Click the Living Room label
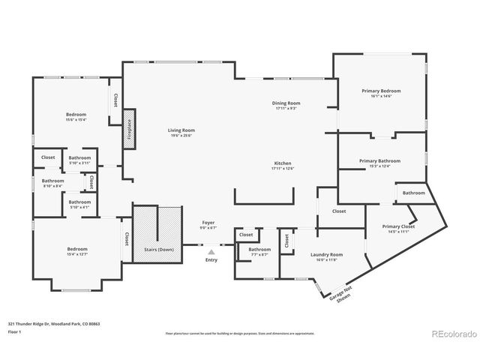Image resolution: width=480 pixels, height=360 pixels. click(x=181, y=133)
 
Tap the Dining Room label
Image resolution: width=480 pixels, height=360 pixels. click(x=286, y=106)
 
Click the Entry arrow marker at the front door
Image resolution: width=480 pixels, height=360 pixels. click(x=210, y=253)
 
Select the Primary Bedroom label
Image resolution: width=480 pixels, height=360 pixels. click(x=376, y=93)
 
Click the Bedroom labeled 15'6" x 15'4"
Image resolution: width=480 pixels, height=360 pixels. click(x=76, y=116)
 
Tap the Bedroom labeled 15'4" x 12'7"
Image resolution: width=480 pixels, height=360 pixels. click(x=76, y=251)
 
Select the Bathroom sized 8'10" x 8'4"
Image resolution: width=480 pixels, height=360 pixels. click(x=53, y=182)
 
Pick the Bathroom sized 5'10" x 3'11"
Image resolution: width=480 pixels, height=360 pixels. click(x=79, y=160)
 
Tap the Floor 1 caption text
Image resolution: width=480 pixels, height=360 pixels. click(x=14, y=331)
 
